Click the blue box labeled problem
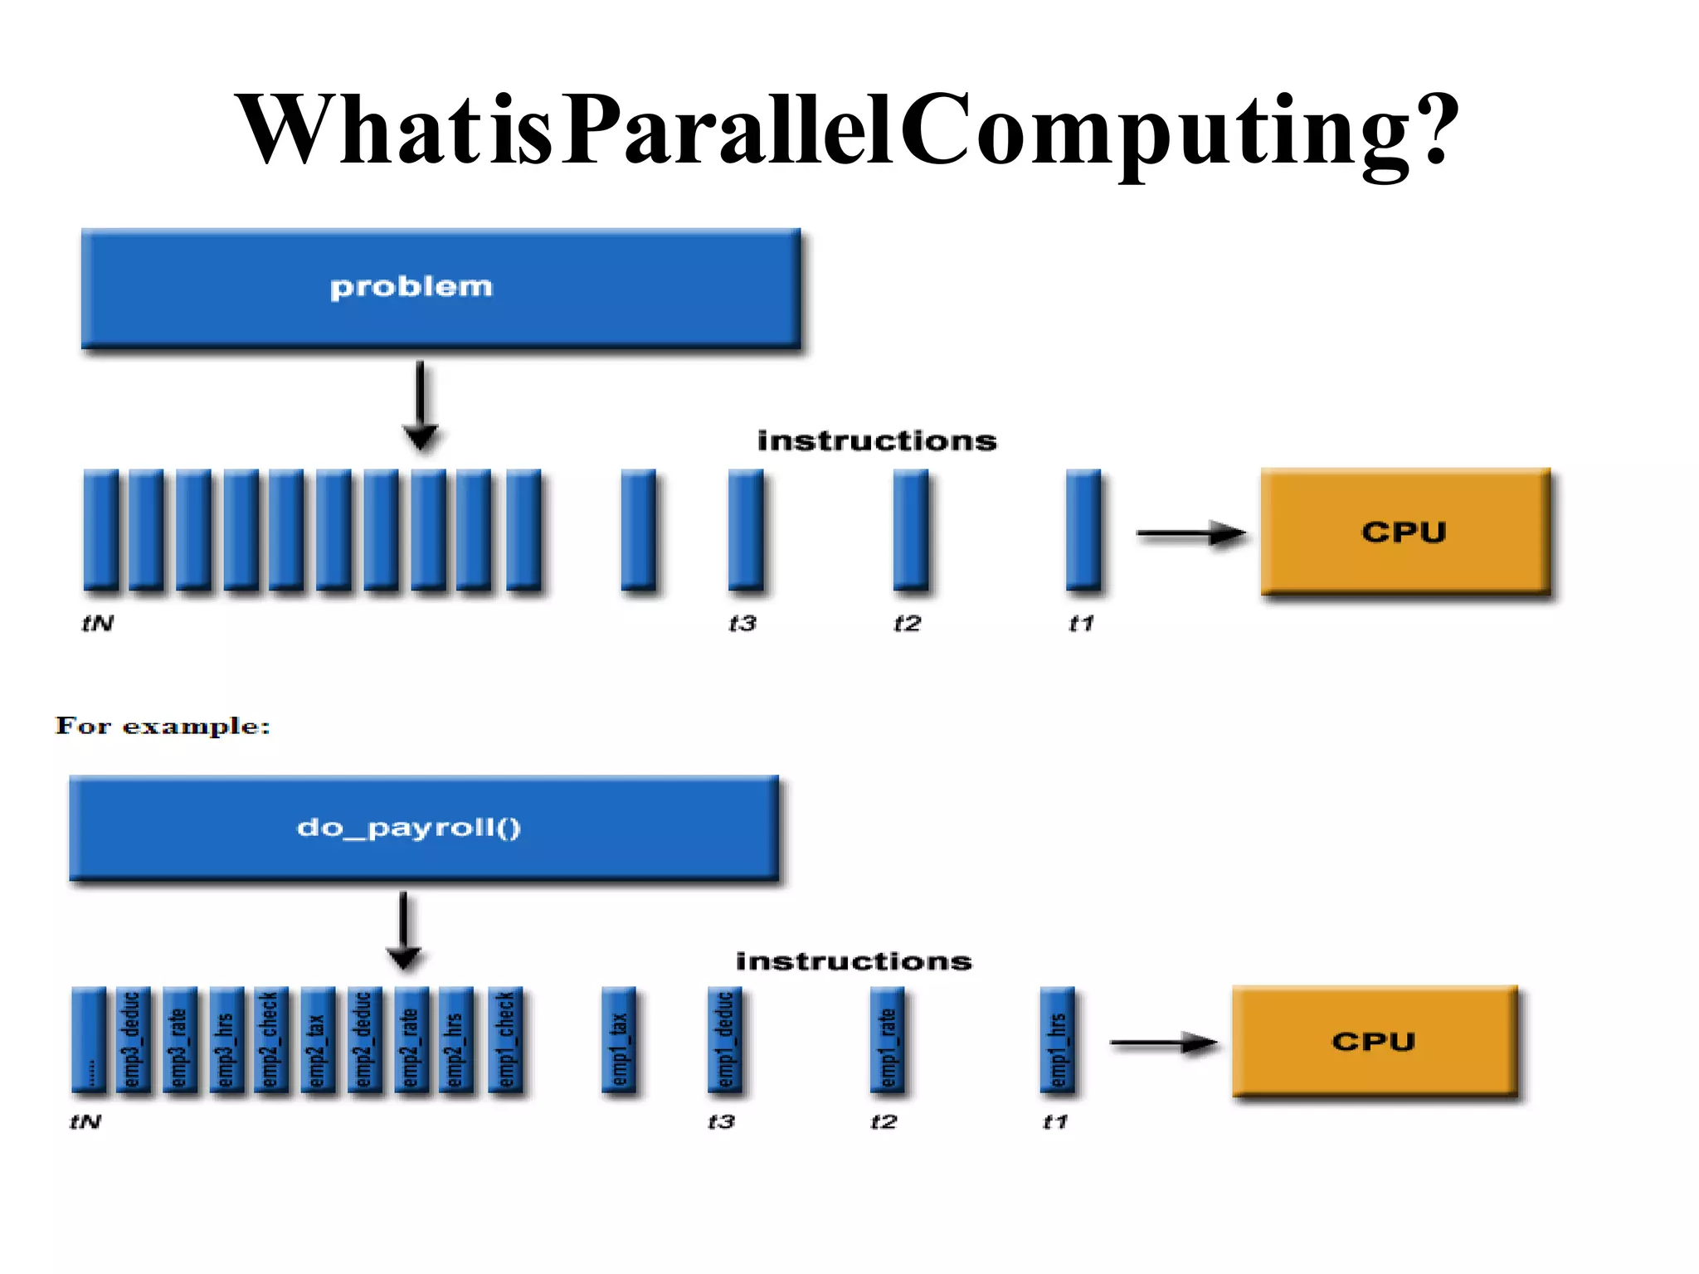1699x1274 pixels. [x=441, y=288]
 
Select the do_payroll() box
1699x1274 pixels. [x=424, y=827]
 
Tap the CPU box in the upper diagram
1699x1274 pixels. [x=1404, y=531]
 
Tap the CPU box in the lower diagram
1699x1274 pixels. [x=1374, y=1041]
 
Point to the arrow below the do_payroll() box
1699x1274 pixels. [x=404, y=930]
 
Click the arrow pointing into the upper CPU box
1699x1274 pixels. [x=1190, y=533]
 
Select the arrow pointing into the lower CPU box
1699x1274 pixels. [x=1163, y=1043]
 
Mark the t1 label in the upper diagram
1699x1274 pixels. [x=1081, y=623]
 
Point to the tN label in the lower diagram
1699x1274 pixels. [x=85, y=1122]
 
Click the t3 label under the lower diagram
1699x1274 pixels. [x=721, y=1122]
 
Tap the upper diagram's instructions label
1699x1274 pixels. [x=877, y=440]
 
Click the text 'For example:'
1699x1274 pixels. [x=163, y=726]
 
